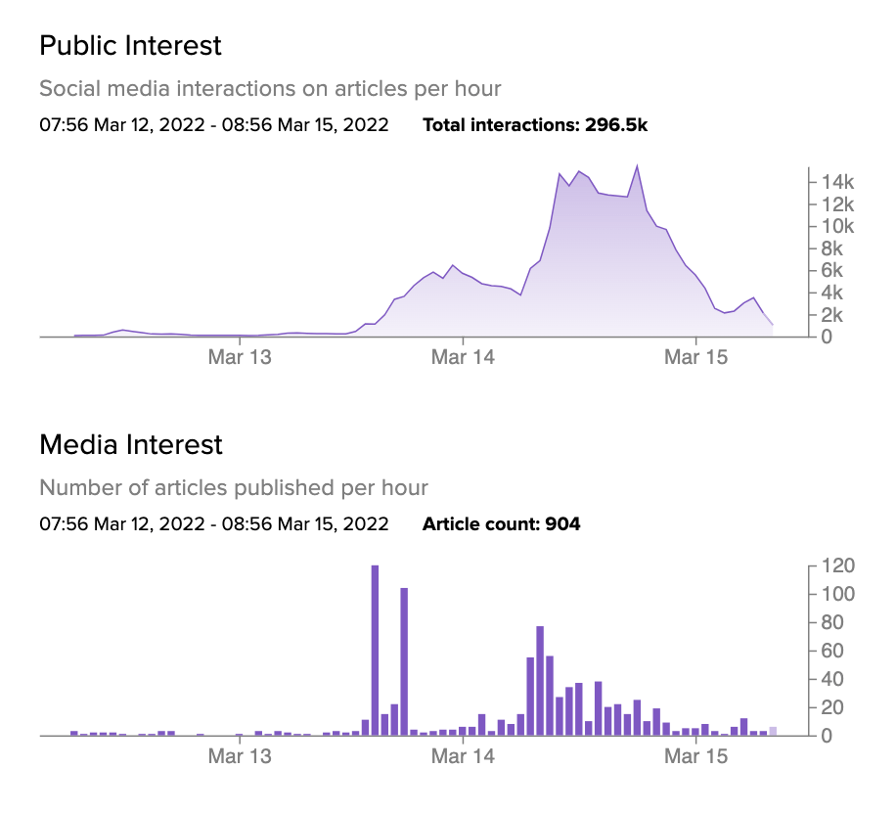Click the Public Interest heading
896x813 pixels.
(x=130, y=45)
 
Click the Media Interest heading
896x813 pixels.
(x=131, y=445)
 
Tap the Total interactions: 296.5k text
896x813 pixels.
(x=535, y=125)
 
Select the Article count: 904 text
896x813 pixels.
(x=501, y=524)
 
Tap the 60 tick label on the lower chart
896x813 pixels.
(x=827, y=651)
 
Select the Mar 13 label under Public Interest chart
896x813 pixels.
(x=240, y=358)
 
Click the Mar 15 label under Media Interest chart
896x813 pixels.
(x=695, y=757)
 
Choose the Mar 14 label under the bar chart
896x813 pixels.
(x=463, y=757)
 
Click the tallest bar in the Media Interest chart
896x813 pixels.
(x=375, y=650)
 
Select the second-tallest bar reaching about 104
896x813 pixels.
(x=404, y=661)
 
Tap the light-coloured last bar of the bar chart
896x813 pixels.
(x=773, y=731)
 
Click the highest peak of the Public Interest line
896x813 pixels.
(x=637, y=166)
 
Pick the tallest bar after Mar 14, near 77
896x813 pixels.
(x=540, y=680)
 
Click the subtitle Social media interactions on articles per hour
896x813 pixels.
(x=270, y=89)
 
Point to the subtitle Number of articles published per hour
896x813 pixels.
(x=234, y=488)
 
